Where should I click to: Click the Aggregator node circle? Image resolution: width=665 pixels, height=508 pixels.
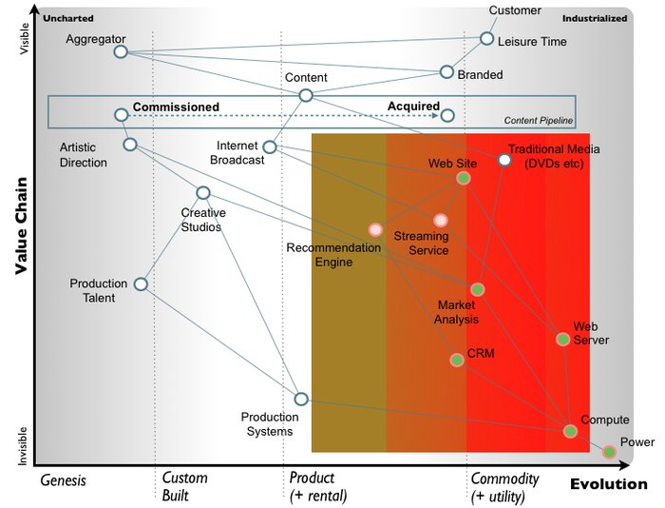pyautogui.click(x=121, y=51)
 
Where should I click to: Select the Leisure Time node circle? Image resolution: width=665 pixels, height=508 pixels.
pyautogui.click(x=486, y=38)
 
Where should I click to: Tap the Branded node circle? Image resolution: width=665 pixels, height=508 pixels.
pyautogui.click(x=446, y=71)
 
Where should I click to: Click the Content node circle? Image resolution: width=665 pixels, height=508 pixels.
pyautogui.click(x=306, y=95)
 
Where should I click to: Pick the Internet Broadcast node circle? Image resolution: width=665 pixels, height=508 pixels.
pyautogui.click(x=270, y=147)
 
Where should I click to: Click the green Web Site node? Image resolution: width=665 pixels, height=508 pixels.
pyautogui.click(x=463, y=178)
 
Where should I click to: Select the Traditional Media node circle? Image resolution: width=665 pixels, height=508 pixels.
pyautogui.click(x=505, y=160)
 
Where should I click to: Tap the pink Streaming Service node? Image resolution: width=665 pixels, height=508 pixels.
pyautogui.click(x=440, y=220)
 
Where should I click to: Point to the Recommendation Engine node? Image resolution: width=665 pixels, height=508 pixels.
pyautogui.click(x=375, y=229)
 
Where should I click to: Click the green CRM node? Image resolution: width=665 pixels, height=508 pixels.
pyautogui.click(x=457, y=360)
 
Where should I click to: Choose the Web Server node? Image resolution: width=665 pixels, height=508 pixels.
pyautogui.click(x=562, y=339)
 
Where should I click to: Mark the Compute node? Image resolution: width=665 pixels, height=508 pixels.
pyautogui.click(x=570, y=431)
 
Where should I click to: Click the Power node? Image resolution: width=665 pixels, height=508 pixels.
pyautogui.click(x=609, y=452)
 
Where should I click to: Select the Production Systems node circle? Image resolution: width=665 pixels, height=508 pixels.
pyautogui.click(x=300, y=400)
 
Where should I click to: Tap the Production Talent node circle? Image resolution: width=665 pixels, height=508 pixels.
pyautogui.click(x=141, y=283)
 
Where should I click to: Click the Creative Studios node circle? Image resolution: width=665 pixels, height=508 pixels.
pyautogui.click(x=202, y=193)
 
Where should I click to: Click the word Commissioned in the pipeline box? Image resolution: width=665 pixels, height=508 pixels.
pyautogui.click(x=176, y=107)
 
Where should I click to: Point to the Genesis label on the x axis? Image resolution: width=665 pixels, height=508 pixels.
pyautogui.click(x=63, y=480)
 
